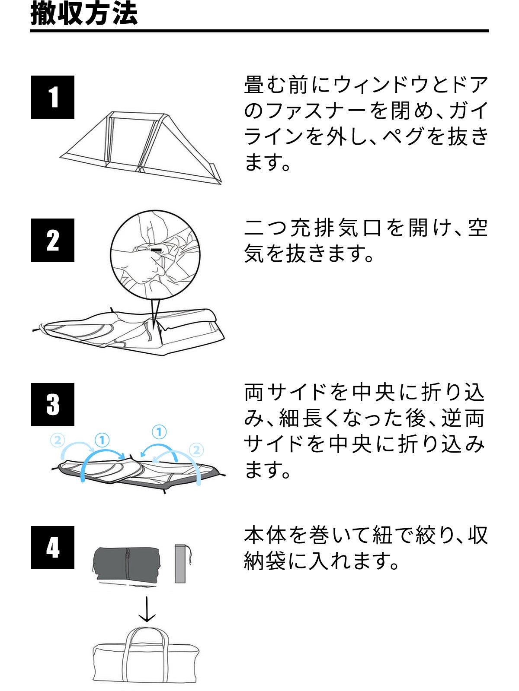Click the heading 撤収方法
84,14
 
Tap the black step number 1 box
53,97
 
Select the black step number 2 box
53,240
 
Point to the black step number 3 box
53,405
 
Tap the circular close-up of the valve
155,254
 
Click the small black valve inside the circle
156,249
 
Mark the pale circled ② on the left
58,440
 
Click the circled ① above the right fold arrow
159,432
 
